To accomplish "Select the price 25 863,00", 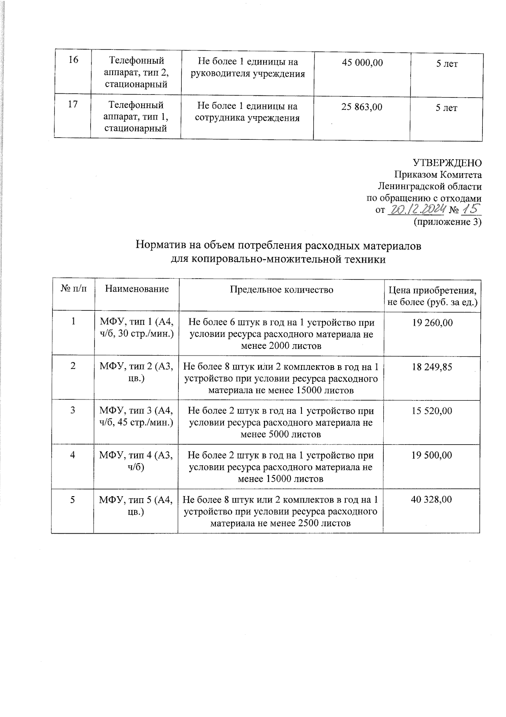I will pos(362,107).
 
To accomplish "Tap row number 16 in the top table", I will pos(73,60).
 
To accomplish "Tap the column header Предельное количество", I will pos(281,289).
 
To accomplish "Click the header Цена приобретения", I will pos(432,291).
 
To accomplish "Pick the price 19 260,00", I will pos(432,323).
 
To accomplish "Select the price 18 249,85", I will pos(432,367).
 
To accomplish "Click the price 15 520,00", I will pos(432,411).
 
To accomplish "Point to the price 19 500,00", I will pos(432,455).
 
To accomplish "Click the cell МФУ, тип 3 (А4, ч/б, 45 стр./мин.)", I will pos(136,416).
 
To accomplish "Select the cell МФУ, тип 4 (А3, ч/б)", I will pos(136,461).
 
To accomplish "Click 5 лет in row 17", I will pos(446,108).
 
